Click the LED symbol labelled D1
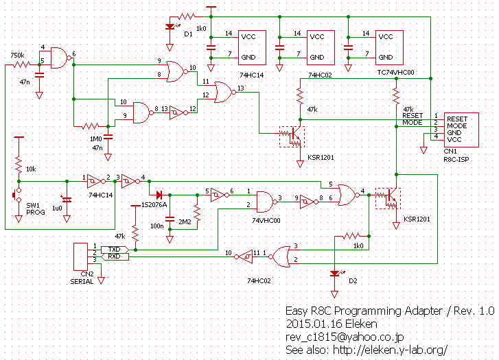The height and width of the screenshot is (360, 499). click(170, 27)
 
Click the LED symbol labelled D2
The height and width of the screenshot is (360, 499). click(335, 274)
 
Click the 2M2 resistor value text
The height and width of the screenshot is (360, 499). click(185, 222)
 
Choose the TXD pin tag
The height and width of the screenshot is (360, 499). click(114, 249)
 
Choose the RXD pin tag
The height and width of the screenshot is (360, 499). click(114, 256)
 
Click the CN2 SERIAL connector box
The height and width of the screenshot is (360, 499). click(80, 256)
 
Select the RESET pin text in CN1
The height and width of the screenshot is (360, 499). click(457, 119)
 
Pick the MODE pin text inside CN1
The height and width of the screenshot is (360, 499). click(456, 126)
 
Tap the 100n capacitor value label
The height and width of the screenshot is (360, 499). click(158, 226)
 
